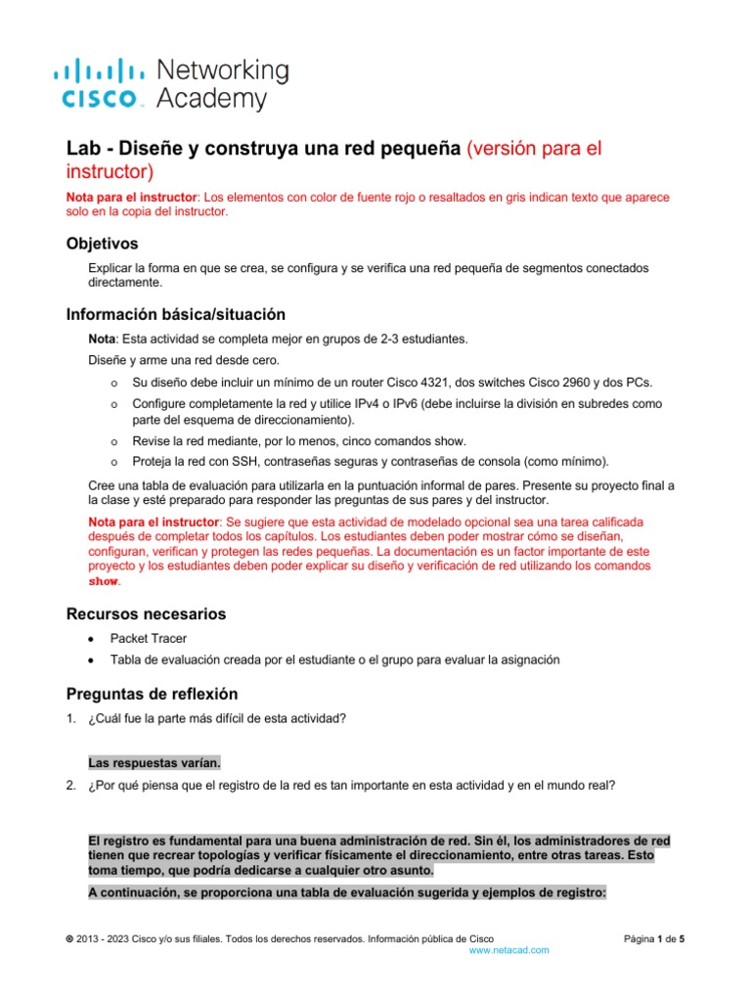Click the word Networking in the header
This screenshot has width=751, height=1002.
click(x=223, y=70)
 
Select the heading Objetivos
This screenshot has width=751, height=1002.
click(x=102, y=243)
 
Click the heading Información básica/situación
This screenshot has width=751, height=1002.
click(x=175, y=314)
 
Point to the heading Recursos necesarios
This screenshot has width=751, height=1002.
click(x=146, y=614)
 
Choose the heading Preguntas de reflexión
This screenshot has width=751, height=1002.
click(x=152, y=694)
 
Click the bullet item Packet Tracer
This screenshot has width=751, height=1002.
click(x=149, y=639)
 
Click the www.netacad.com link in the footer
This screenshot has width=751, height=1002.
click(x=508, y=950)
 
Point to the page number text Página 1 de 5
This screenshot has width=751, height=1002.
click(x=654, y=938)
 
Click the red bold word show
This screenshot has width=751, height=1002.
click(x=105, y=581)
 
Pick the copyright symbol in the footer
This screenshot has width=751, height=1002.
click(x=68, y=938)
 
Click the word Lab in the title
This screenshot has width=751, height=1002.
click(x=82, y=150)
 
